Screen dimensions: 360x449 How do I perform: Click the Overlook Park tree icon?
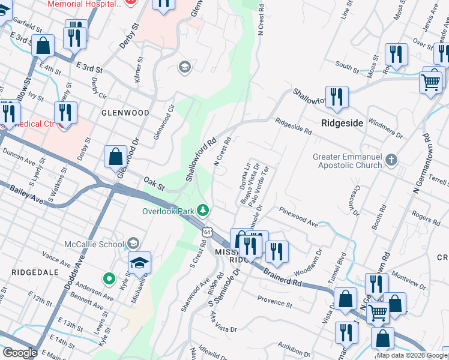pos(204,210)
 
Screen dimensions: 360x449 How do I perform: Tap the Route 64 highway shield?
pos(207,231)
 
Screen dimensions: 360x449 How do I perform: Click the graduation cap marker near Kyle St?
pos(139,263)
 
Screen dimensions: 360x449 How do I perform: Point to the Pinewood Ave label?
pos(298,217)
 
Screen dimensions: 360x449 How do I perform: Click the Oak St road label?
pos(154,181)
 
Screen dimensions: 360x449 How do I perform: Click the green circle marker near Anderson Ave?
pos(109,278)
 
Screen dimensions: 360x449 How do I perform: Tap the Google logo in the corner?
pos(20,352)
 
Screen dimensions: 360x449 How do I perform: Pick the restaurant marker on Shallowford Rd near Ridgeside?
pos(337,98)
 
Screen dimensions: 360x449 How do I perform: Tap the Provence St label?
pos(274,301)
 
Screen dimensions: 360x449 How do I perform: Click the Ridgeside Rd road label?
pos(294,126)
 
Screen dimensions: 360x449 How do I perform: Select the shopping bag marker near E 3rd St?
pos(43,45)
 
